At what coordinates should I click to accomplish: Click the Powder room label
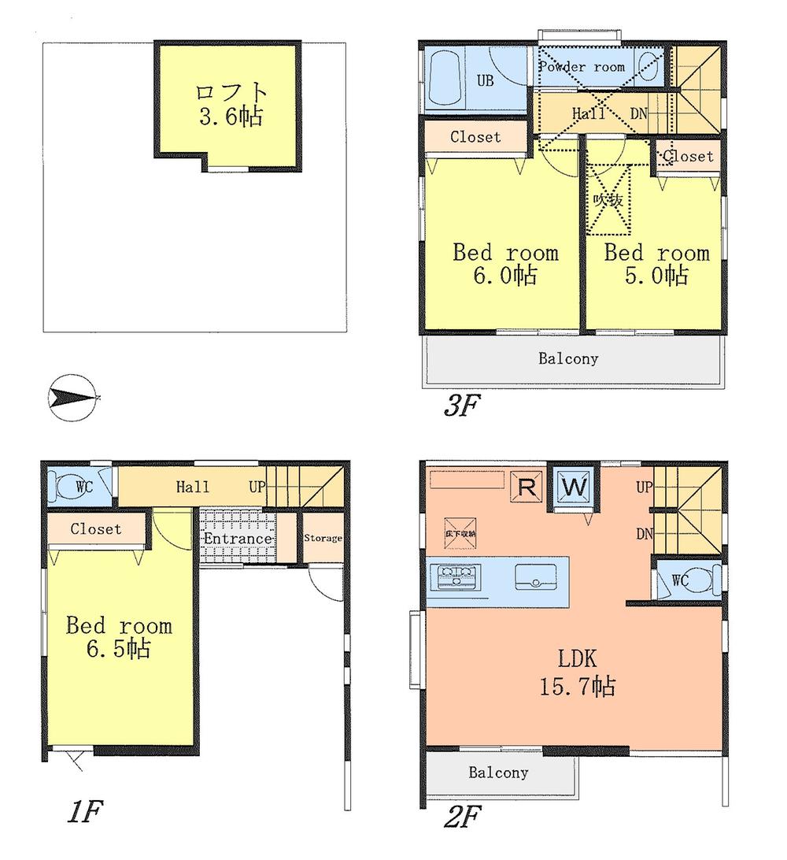pos(582,67)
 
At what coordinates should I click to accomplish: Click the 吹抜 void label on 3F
pos(608,201)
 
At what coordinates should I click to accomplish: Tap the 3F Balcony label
pos(568,359)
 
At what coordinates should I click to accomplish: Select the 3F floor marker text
pos(460,406)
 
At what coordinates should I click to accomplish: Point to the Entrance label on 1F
pos(238,539)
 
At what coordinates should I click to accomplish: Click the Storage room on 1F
pos(323,539)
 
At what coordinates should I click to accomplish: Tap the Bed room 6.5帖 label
pos(118,637)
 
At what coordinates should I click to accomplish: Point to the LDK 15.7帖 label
pos(577,672)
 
